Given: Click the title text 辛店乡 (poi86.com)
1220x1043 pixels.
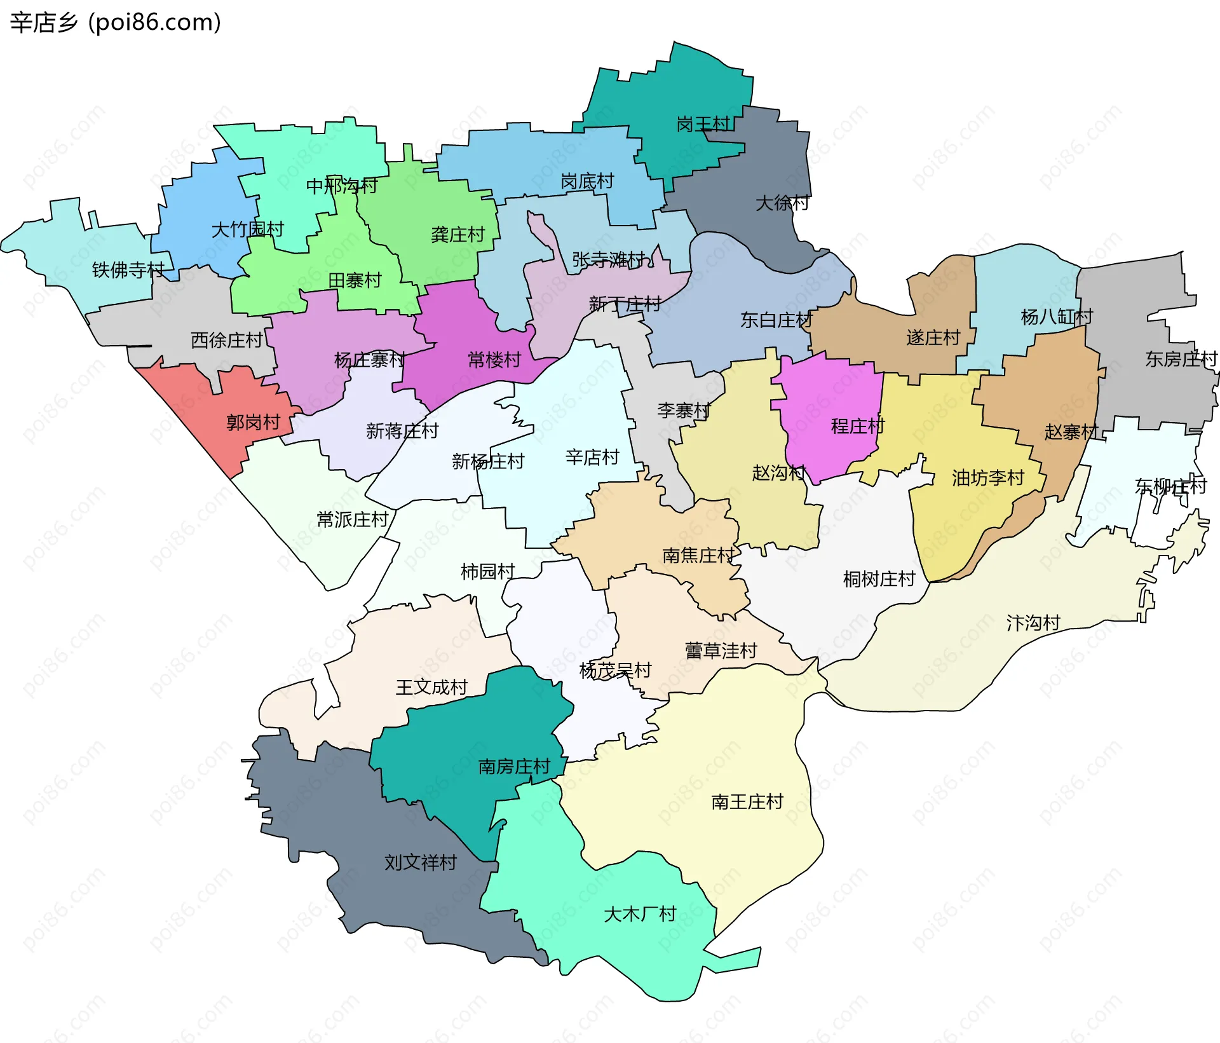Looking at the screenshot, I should coord(115,22).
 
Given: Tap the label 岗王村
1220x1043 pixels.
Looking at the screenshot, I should coord(703,125).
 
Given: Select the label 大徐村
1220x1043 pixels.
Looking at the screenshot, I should coord(782,203).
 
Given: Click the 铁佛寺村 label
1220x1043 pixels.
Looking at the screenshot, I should coord(128,270).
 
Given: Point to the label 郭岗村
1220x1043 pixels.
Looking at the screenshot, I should coord(253,422).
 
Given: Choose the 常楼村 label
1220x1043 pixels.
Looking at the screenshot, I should coord(494,360).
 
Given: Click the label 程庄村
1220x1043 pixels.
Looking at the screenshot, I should coord(858,426).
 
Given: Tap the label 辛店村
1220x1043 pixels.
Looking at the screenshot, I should coord(592,457).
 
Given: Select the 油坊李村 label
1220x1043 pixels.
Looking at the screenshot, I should coord(988,478).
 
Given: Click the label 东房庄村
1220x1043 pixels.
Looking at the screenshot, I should coord(1181,359).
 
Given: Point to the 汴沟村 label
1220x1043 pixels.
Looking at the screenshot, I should coord(1033,623).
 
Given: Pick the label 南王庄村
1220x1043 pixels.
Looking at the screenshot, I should coord(747,802).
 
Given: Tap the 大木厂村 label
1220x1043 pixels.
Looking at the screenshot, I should coord(640,914).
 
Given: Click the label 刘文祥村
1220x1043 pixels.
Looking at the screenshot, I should coord(421,862).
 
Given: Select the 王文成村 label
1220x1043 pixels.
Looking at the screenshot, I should coord(431,687).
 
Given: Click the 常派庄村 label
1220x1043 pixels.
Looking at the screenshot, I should coord(352,520).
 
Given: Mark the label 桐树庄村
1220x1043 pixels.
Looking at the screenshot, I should coord(879,579).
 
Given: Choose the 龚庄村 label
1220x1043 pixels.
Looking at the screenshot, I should coord(457,235).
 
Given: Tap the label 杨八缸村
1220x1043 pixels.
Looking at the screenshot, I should coord(1057,317).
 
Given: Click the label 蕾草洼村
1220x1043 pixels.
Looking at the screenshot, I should coord(721,651).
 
